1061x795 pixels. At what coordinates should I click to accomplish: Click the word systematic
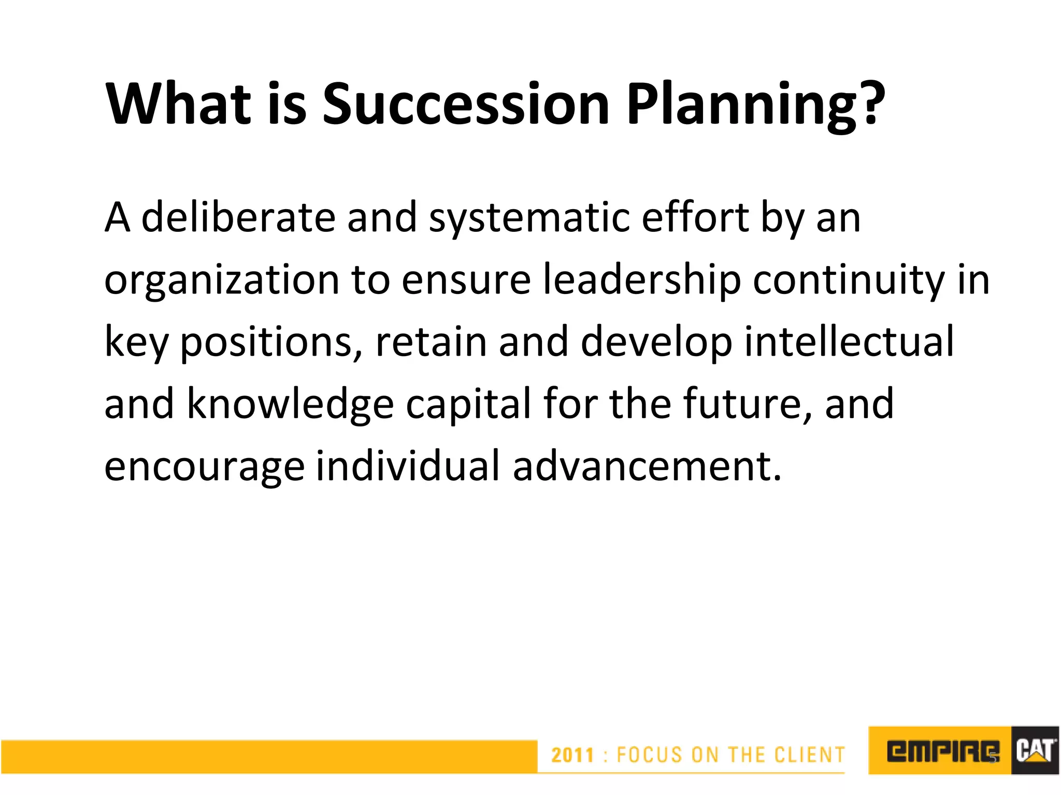point(529,217)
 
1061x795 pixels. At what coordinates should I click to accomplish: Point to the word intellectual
point(849,342)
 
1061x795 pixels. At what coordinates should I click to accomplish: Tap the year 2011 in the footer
point(572,755)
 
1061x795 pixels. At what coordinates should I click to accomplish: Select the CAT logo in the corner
point(1035,751)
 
